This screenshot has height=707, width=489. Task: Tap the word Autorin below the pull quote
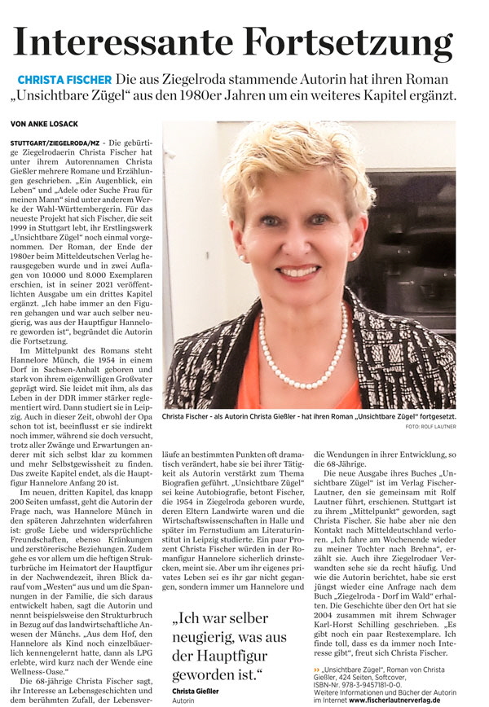click(184, 700)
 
